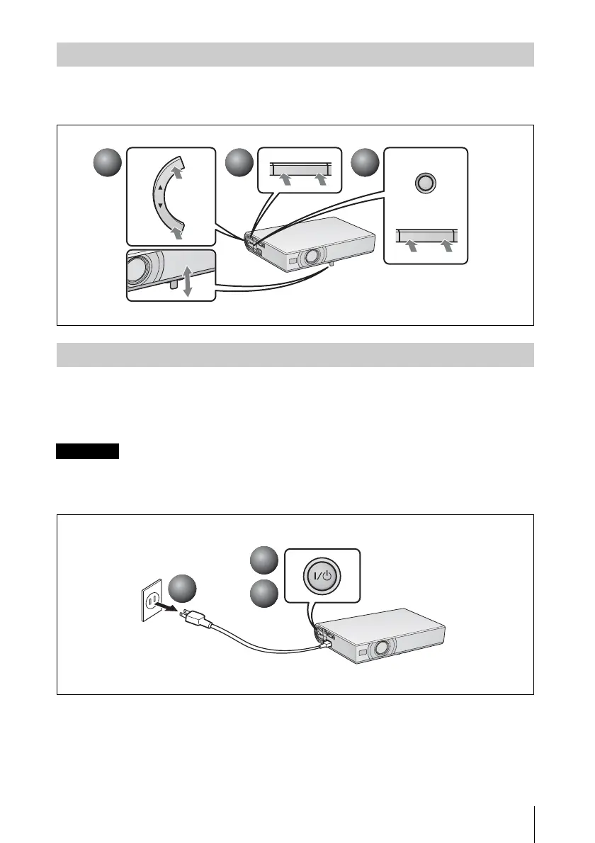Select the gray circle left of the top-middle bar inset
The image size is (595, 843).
click(x=239, y=165)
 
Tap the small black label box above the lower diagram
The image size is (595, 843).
click(x=88, y=451)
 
